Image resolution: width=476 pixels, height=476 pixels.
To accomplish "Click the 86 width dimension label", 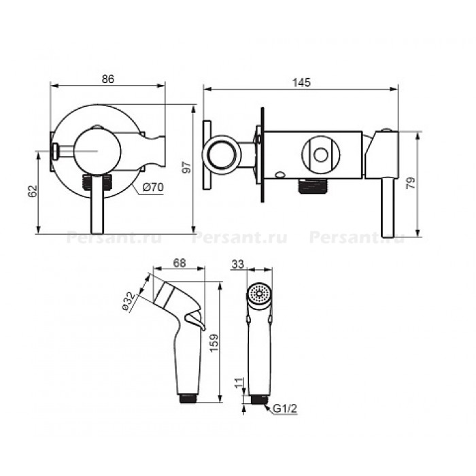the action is (x=108, y=79).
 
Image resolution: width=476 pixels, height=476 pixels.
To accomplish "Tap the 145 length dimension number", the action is (x=302, y=82).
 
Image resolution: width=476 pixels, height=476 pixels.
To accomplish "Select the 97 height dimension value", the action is (x=187, y=167).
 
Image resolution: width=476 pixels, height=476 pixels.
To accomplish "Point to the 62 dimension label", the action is (x=33, y=191).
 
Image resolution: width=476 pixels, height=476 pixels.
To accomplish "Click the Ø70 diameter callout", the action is (x=153, y=187).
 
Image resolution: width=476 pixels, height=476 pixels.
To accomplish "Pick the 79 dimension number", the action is (x=411, y=183).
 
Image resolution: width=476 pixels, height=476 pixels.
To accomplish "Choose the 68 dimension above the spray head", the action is (x=180, y=263).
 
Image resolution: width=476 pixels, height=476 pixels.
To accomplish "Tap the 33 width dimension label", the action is (x=238, y=265).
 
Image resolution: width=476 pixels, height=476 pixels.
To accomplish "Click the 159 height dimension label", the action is (x=214, y=343).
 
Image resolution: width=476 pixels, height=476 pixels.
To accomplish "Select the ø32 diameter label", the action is (x=129, y=301).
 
